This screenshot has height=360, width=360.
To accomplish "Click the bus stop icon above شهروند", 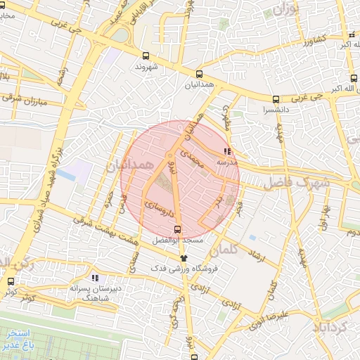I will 146,55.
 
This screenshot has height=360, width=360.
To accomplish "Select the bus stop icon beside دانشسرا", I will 276,99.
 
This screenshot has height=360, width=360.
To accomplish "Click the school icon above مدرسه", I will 226,150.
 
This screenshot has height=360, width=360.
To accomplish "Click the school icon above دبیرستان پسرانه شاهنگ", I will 96,278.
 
